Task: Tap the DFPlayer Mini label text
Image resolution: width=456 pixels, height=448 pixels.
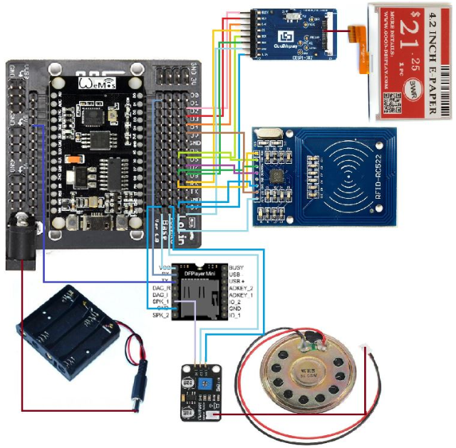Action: click(x=198, y=273)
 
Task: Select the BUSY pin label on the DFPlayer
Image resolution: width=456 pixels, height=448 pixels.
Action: click(x=237, y=267)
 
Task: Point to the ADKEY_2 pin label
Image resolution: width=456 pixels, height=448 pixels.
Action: click(x=242, y=287)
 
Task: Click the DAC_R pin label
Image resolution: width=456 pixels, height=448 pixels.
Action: click(x=160, y=287)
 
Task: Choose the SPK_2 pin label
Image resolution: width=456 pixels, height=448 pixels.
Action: click(x=160, y=314)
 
